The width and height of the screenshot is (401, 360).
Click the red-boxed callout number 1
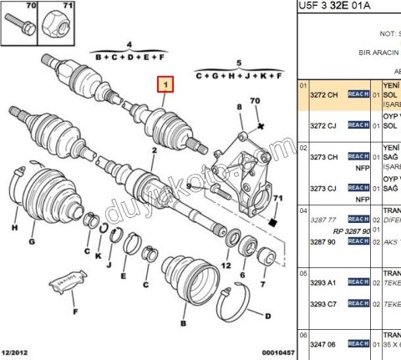tap(166, 84)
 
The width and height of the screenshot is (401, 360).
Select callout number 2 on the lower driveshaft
tap(153, 151)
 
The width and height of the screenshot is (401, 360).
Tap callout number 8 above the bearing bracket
tap(238, 107)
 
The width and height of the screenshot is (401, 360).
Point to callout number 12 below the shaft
tap(225, 265)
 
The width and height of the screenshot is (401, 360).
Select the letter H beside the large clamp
tap(14, 227)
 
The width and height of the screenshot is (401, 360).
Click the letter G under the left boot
tap(32, 242)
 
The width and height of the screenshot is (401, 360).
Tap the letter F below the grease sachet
tap(74, 312)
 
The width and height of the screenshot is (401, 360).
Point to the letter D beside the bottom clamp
tap(266, 316)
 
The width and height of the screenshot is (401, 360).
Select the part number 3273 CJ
tap(326, 189)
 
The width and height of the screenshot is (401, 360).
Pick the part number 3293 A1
tap(326, 283)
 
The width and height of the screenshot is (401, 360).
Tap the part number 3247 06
tap(326, 343)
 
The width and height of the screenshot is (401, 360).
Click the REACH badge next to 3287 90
tap(358, 241)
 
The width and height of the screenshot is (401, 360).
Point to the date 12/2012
tap(18, 354)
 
